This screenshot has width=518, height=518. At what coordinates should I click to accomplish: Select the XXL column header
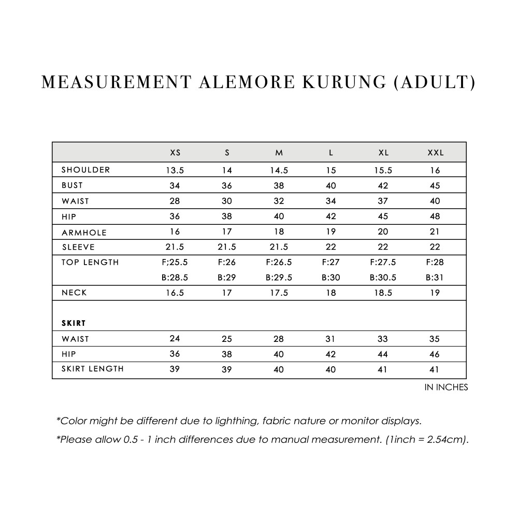point(435,153)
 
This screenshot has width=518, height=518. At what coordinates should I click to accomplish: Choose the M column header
point(279,153)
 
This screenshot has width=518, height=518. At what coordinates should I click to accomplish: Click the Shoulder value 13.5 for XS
point(175,170)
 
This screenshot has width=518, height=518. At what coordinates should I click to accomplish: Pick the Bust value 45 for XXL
point(435,185)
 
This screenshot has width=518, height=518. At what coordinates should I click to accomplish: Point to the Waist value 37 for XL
point(383,201)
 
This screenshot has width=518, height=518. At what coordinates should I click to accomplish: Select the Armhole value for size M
point(279,232)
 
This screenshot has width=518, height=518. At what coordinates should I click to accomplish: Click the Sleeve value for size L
point(331,247)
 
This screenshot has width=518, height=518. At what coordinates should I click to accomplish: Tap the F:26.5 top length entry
point(279,262)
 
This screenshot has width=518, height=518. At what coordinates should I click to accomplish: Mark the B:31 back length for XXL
point(435,278)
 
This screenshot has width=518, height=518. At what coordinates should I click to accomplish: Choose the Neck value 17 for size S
point(227,293)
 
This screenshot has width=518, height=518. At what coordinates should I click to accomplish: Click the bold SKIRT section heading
point(74,323)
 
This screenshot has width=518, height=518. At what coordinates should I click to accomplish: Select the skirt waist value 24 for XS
point(175,339)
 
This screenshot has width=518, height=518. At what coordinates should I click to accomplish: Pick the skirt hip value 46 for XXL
point(435,354)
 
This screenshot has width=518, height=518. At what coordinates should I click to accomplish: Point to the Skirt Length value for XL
point(383,369)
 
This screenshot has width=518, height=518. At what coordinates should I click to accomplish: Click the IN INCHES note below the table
point(446,387)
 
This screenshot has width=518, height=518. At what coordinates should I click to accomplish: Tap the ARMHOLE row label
point(84,233)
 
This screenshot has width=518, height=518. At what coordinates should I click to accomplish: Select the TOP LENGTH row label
point(90,262)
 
